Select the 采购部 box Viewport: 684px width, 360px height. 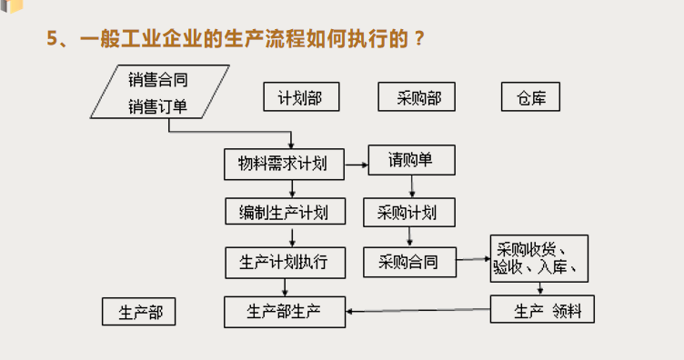416,96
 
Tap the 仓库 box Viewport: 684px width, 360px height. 530,96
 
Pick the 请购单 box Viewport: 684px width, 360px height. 410,161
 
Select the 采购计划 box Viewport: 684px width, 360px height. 407,213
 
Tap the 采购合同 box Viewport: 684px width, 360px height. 407,262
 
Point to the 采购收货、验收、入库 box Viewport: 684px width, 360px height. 539,258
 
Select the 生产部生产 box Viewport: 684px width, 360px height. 284,312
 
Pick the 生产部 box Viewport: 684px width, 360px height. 138,312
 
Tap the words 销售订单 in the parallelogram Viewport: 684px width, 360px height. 158,106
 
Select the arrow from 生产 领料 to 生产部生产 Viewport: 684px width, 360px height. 418,312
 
